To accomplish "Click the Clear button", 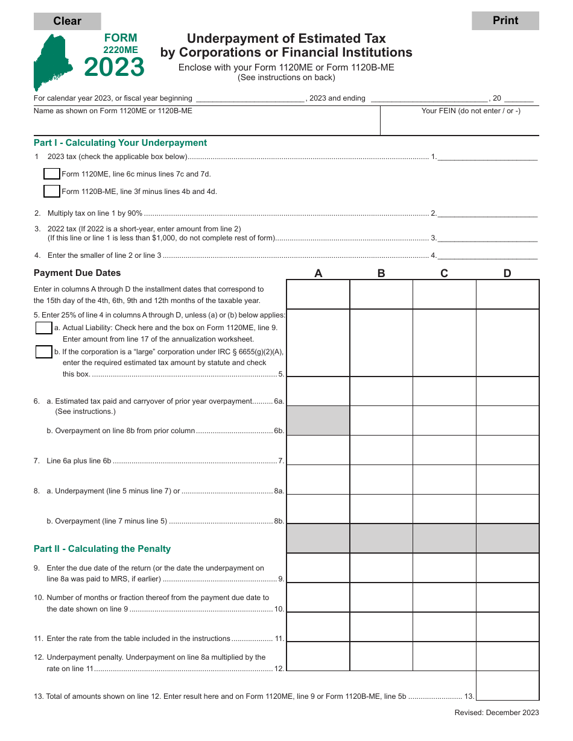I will point(67,21).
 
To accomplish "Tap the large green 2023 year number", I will point(115,67).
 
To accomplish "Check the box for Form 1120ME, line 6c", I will point(52,174).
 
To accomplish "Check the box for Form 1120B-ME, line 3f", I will point(52,192).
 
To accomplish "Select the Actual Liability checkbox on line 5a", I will point(43,328).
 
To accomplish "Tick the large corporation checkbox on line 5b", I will point(43,352).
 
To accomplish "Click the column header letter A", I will point(318,274).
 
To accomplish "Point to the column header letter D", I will point(507,274).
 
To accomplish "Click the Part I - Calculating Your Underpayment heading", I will point(120,143).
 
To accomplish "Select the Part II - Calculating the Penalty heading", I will point(102,549).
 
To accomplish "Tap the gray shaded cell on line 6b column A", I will point(318,421).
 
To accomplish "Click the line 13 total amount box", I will point(507,686).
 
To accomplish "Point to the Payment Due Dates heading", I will point(77,273).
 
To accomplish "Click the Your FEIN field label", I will point(470,111).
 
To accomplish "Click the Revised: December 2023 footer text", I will point(496,713).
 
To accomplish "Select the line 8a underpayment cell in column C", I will point(445,480).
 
